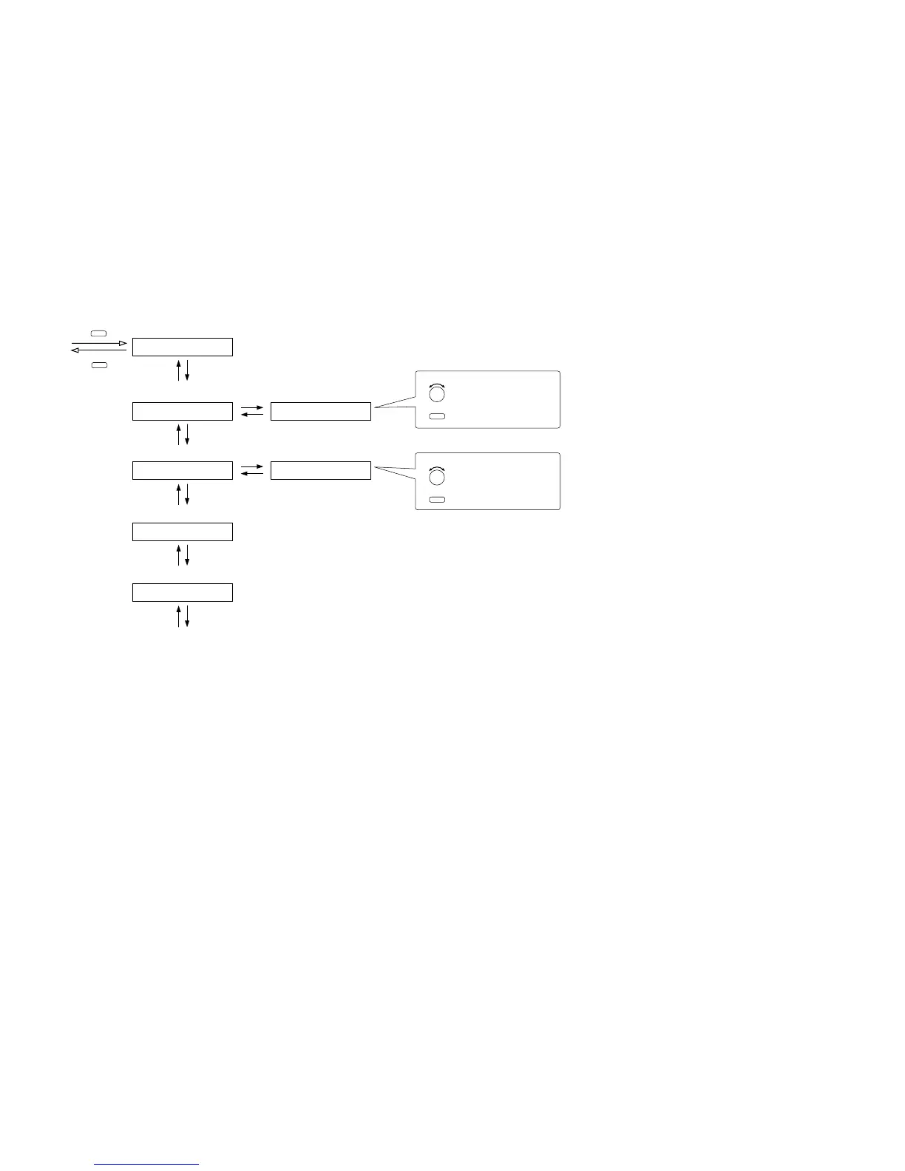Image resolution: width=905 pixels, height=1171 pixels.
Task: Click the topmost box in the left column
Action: [x=182, y=347]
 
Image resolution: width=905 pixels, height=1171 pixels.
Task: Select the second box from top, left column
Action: [x=182, y=411]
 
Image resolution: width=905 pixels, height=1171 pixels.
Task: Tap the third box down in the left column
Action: [x=182, y=470]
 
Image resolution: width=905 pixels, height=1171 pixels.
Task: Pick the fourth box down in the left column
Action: [x=182, y=532]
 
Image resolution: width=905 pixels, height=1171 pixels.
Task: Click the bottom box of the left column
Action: [x=182, y=592]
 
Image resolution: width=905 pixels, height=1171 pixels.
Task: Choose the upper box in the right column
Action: [x=320, y=411]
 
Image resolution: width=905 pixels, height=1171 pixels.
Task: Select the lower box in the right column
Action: [x=320, y=470]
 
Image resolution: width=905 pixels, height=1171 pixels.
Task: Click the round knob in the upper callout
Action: [x=437, y=393]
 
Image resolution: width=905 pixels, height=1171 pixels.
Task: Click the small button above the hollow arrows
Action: [x=99, y=333]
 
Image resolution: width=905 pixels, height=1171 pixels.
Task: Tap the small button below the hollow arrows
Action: [x=99, y=364]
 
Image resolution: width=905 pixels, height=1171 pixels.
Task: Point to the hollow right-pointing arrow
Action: [x=99, y=343]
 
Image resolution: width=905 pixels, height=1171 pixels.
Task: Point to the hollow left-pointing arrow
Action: [x=99, y=350]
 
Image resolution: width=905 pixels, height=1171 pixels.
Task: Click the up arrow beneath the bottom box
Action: [x=178, y=616]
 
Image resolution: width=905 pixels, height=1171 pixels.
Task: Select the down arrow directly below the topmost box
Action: [x=187, y=370]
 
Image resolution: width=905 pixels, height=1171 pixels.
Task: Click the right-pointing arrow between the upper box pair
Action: [x=252, y=407]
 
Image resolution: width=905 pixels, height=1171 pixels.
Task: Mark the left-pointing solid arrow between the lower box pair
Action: [x=252, y=474]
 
